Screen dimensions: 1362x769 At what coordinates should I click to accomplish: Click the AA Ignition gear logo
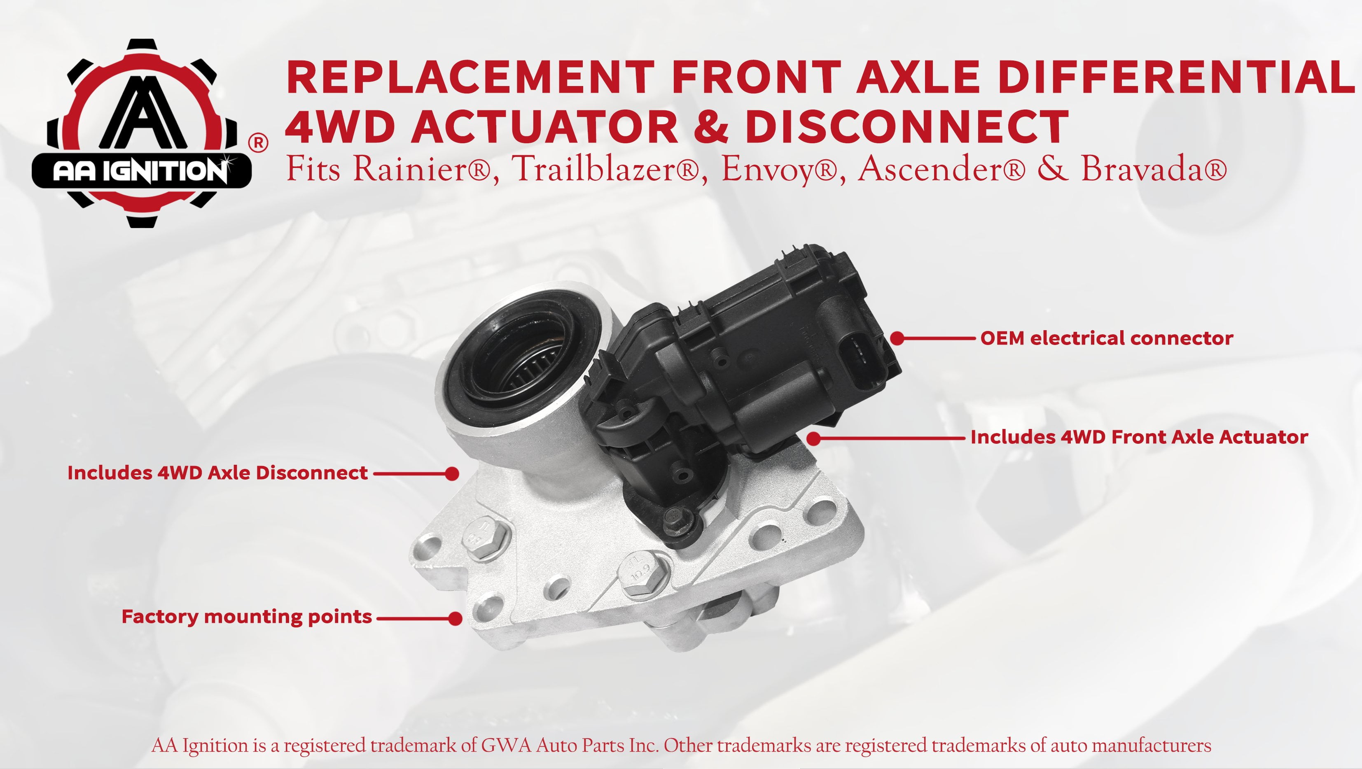pyautogui.click(x=142, y=133)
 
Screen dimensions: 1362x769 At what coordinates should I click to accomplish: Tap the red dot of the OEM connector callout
pyautogui.click(x=897, y=338)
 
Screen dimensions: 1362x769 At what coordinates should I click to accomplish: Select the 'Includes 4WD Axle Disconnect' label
pyautogui.click(x=217, y=473)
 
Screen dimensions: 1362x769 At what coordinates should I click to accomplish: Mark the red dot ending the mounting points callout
pyautogui.click(x=455, y=618)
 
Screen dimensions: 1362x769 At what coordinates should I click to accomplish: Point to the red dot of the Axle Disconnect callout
pyautogui.click(x=452, y=473)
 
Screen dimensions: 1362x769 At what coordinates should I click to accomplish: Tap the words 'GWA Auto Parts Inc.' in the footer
pyautogui.click(x=570, y=745)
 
